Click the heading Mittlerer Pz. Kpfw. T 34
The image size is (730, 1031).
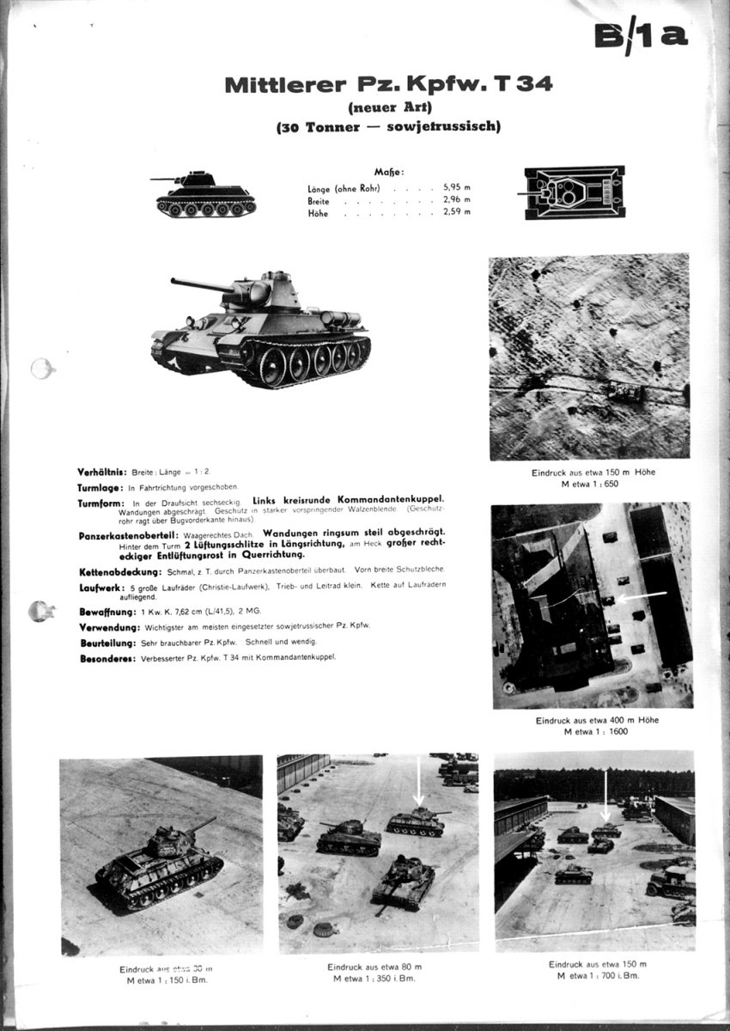[x=388, y=84]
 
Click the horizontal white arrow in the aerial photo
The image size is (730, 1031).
[x=643, y=594]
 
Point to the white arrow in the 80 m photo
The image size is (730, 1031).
[x=419, y=781]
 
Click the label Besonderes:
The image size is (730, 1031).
[x=104, y=657]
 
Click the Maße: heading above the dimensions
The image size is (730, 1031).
[x=388, y=172]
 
